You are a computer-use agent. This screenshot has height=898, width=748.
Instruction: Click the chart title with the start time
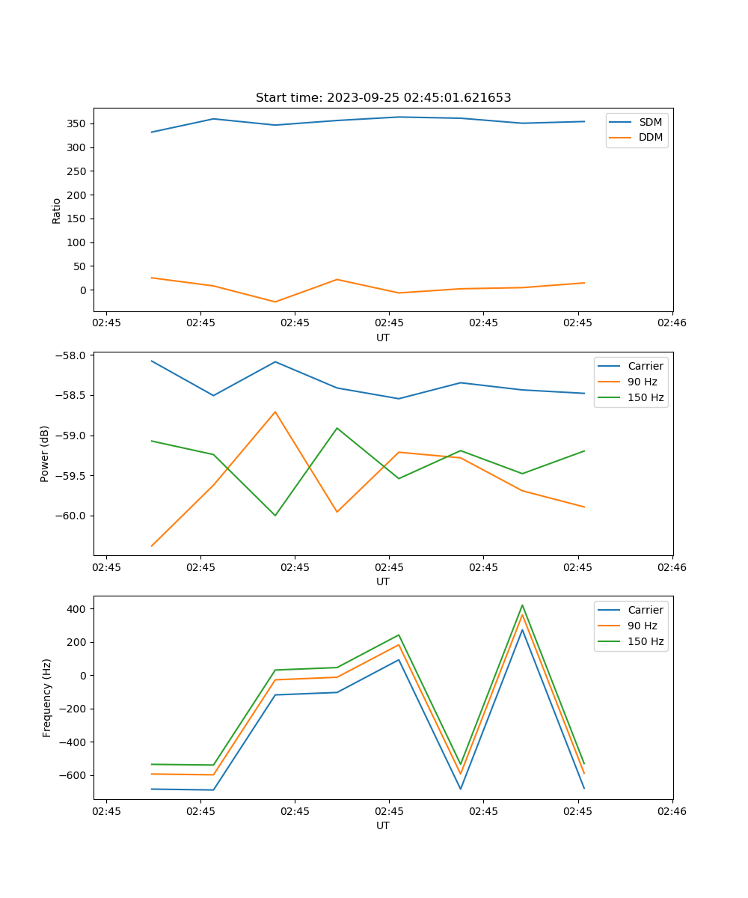383,98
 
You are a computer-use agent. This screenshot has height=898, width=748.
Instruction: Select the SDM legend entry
650,122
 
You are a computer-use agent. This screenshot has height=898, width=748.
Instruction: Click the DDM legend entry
650,137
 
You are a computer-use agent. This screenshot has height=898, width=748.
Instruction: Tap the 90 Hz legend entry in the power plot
642,382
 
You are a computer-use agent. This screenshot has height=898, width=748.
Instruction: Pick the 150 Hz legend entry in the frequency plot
646,641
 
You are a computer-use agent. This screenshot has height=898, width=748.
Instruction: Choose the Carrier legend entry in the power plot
645,366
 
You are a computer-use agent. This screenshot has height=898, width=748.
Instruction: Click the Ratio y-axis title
57,211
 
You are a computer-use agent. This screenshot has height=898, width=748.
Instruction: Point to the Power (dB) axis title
45,453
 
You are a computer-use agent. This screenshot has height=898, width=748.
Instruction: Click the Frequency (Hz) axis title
46,697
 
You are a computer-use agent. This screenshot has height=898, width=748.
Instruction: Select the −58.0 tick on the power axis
72,355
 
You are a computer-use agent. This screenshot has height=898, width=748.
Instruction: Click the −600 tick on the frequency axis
73,775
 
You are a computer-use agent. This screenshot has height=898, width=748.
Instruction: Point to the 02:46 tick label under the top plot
672,323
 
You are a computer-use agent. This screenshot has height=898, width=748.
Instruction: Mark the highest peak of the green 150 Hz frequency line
522,605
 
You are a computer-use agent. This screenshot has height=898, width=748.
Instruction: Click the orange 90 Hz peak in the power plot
275,412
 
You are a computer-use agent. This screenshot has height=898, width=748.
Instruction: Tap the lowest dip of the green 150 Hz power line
275,515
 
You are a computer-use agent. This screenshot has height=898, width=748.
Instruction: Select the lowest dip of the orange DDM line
275,302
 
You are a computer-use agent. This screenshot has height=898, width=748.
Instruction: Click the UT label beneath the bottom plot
383,825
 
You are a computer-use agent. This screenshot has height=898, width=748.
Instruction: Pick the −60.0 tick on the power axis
72,516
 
